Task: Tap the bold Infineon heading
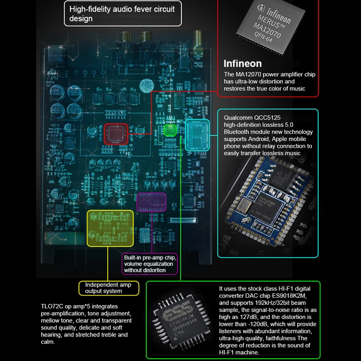(x=242, y=64)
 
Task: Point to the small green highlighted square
(x=170, y=131)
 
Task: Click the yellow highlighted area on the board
(x=110, y=227)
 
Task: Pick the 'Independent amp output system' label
(x=108, y=287)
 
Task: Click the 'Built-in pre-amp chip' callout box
(x=150, y=264)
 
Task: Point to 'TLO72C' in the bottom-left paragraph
(x=52, y=306)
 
